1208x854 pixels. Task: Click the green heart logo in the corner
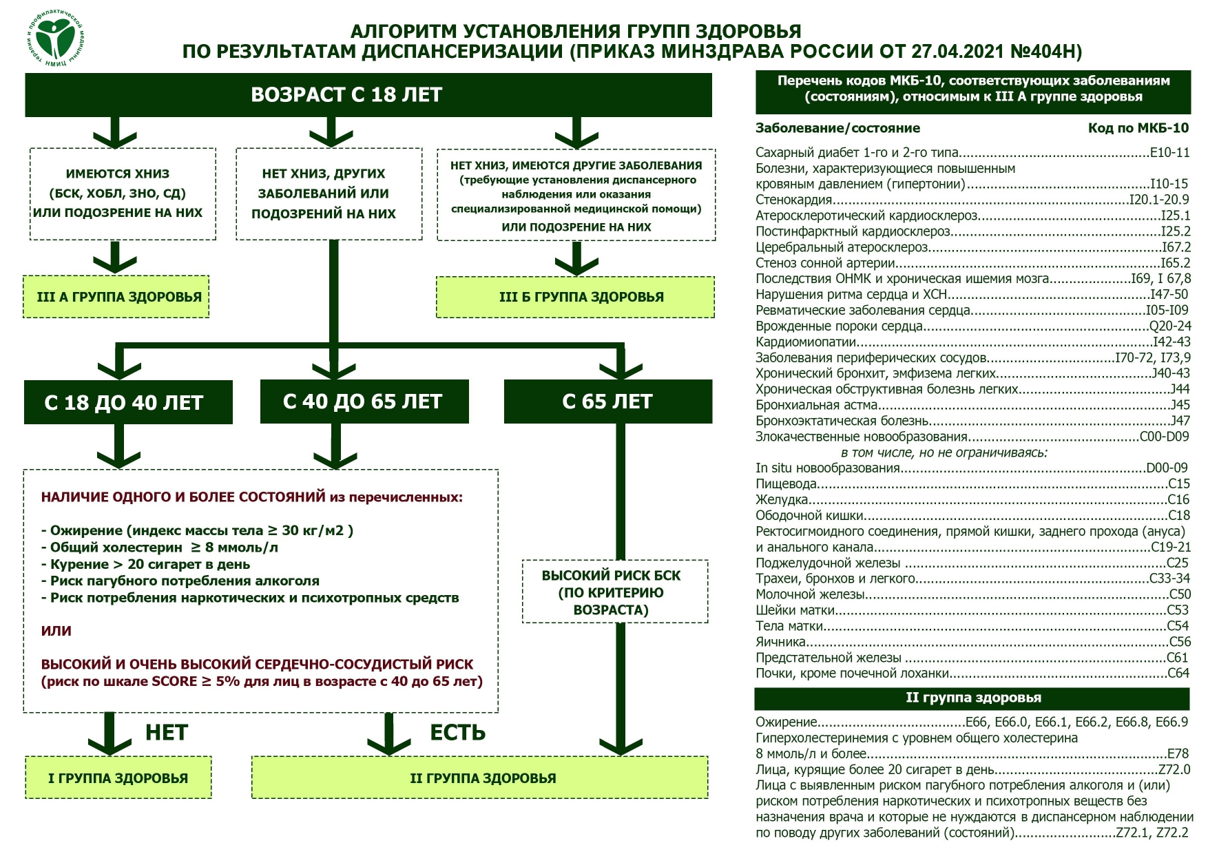[56, 39]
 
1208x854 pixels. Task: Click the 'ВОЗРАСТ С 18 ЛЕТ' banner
[368, 95]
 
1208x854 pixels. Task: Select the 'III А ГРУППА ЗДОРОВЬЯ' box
[116, 297]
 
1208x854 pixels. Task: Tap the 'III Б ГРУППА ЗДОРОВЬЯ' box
[576, 297]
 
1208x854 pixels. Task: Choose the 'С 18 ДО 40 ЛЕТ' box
[128, 402]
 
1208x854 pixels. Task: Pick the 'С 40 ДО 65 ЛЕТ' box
[364, 402]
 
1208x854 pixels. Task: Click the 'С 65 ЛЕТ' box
[608, 402]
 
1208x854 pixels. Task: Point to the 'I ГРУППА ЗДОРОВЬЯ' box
[118, 778]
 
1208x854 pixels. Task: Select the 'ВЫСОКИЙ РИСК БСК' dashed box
[615, 592]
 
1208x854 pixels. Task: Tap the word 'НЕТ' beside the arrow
[167, 733]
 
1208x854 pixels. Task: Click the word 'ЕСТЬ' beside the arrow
[458, 733]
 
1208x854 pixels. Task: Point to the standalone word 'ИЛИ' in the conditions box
[56, 631]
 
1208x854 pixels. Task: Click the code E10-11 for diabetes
[1169, 153]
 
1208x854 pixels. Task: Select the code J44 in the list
[1180, 389]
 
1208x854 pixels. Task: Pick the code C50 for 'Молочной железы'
[1180, 594]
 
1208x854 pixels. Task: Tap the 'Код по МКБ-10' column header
[1138, 128]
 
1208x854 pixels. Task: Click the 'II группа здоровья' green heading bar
[972, 698]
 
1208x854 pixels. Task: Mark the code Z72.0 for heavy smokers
[1174, 770]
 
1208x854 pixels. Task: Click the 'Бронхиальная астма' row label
[817, 405]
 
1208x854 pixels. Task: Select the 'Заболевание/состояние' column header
[837, 128]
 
